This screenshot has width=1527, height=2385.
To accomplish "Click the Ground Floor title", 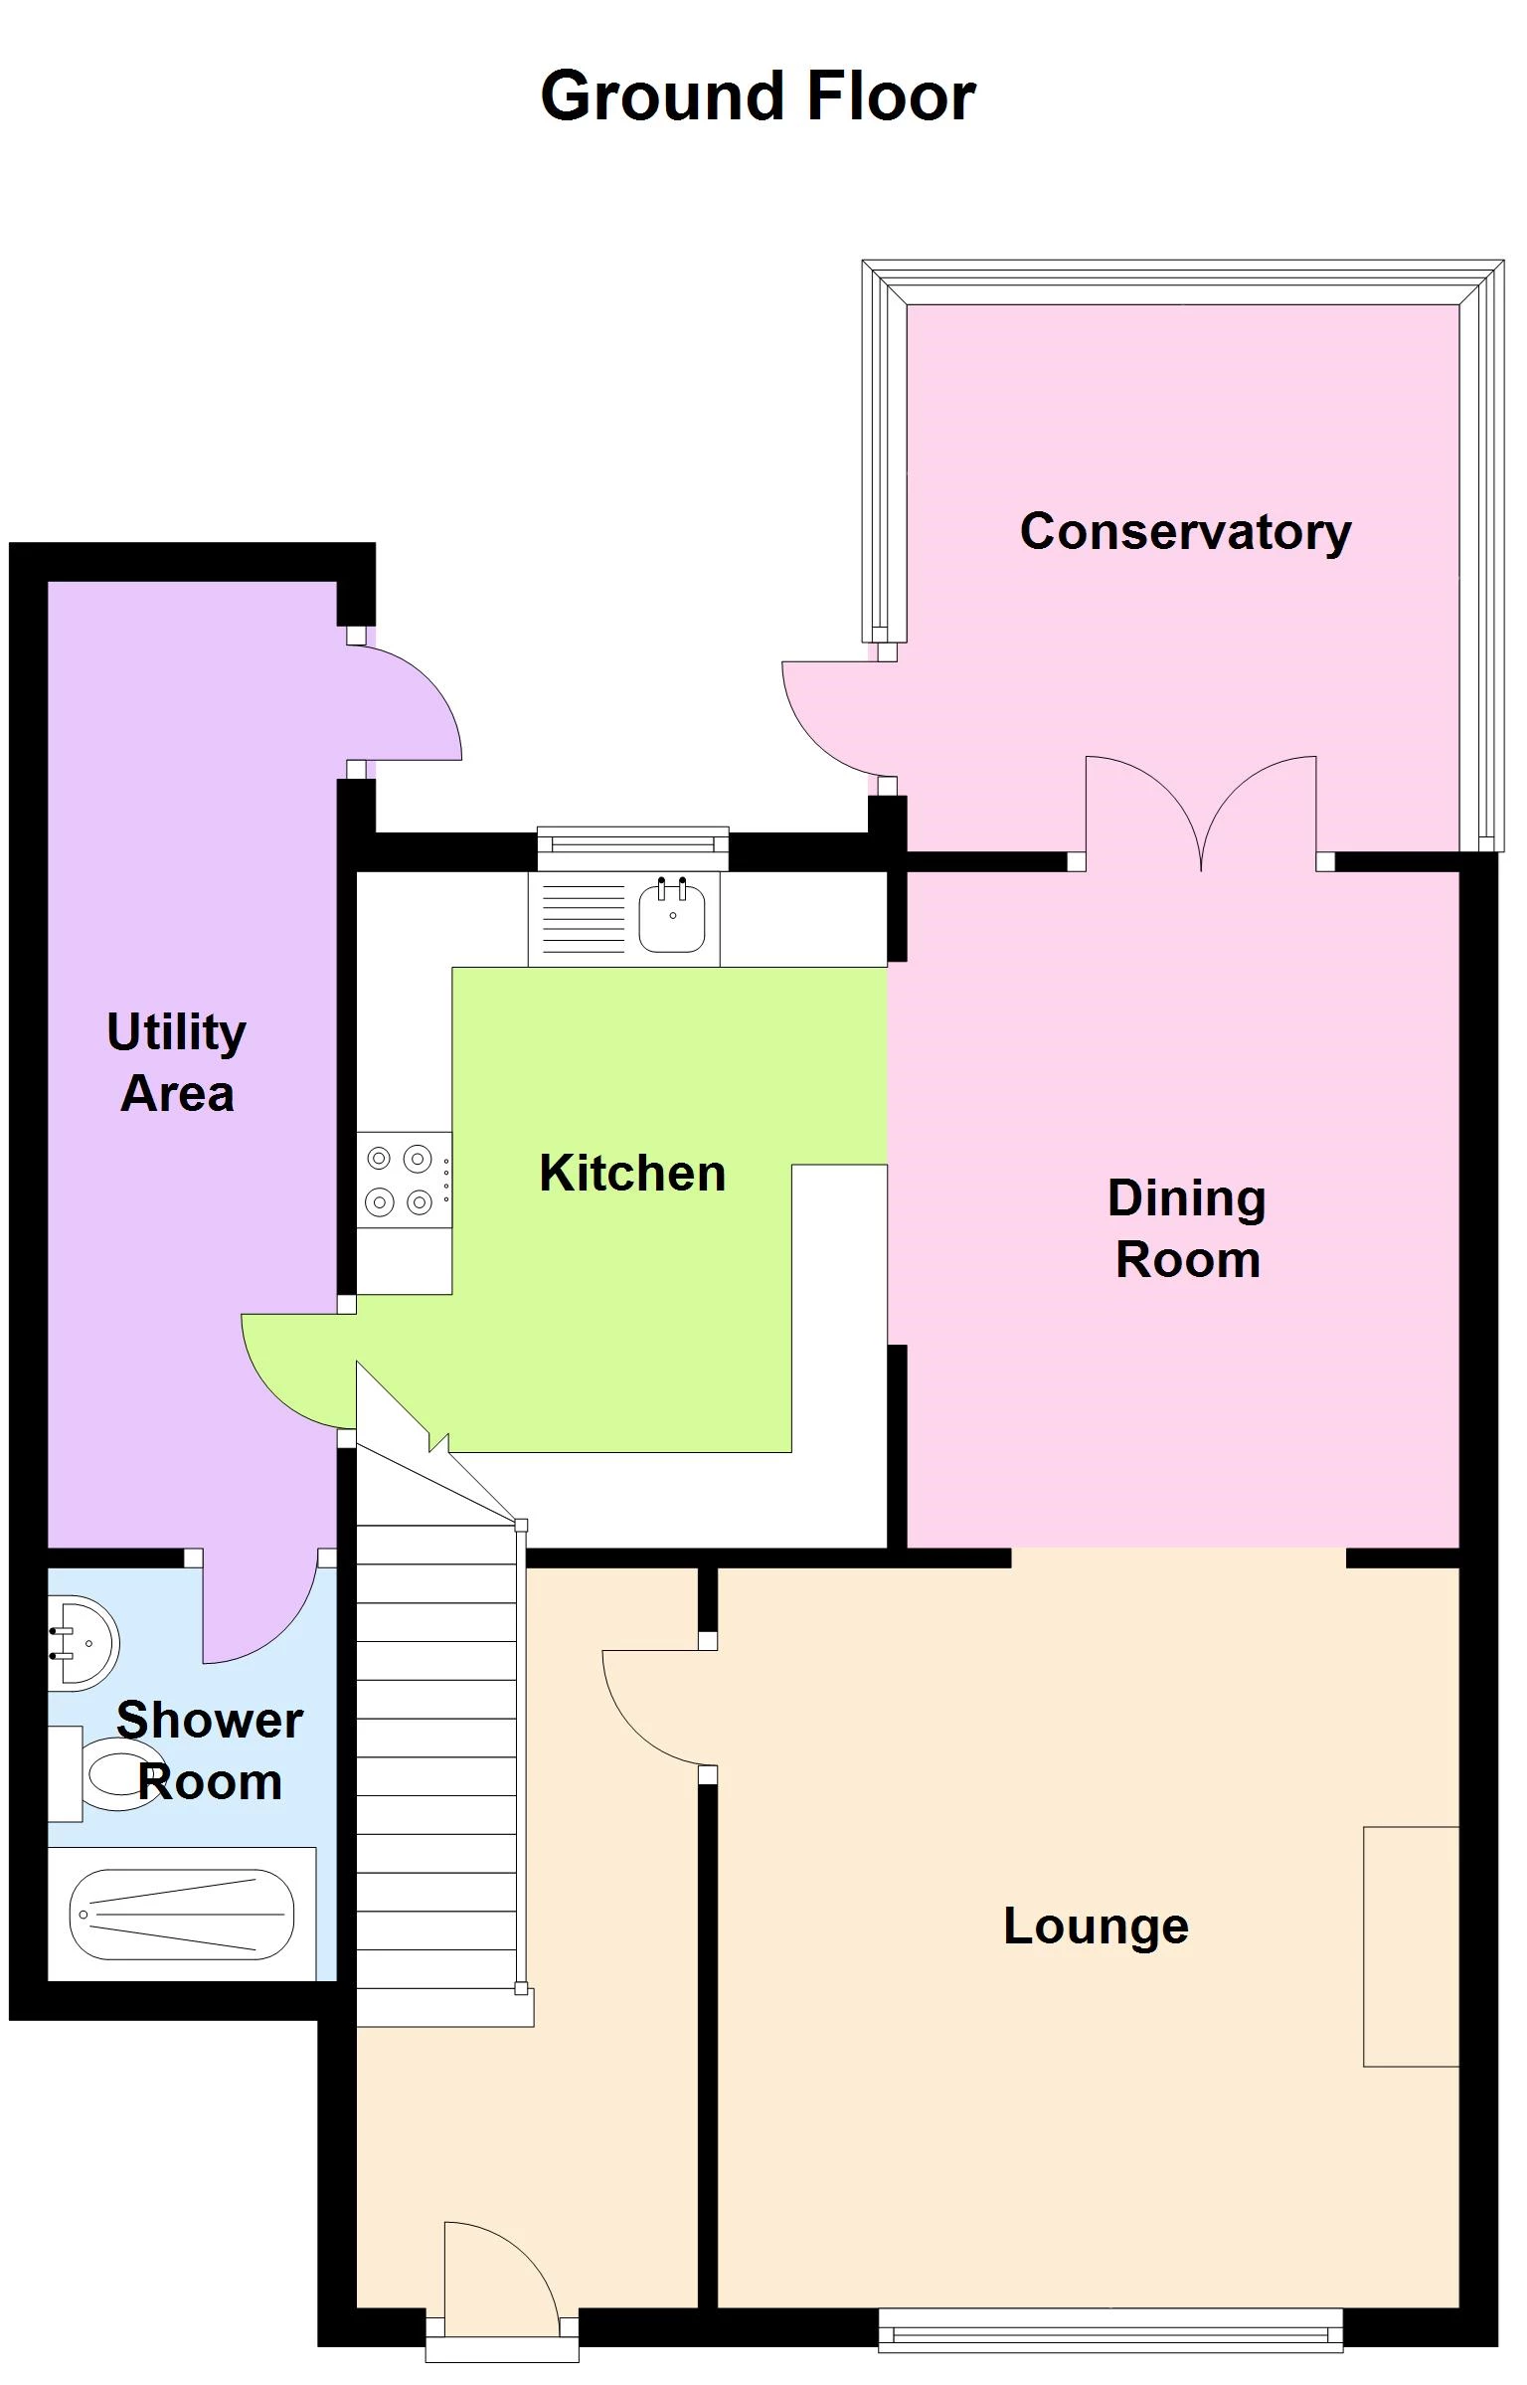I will click(x=758, y=96).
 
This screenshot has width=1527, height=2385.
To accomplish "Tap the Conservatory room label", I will click(x=1185, y=532).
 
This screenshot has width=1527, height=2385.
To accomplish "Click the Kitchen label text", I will click(x=632, y=1174).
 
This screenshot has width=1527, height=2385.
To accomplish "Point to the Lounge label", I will click(x=1096, y=1926).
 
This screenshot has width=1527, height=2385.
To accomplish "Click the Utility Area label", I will click(x=177, y=1062).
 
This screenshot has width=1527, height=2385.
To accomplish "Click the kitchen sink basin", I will click(x=672, y=916).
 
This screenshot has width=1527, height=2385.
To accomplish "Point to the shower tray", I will click(x=182, y=1915).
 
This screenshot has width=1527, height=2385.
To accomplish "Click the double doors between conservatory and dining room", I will click(x=1201, y=811).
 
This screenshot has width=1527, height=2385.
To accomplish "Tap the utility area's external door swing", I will click(x=408, y=703).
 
